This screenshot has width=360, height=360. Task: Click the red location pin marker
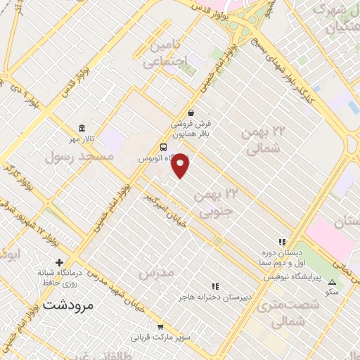coord(181,165)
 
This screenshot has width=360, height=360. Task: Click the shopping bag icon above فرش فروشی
coord(191,112)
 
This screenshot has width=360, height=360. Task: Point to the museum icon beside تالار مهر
coord(84,128)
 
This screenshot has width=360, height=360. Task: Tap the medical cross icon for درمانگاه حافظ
coord(68,262)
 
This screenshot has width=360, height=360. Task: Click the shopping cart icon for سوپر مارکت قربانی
coord(161,326)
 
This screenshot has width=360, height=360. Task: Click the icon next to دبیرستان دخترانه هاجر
coord(215,286)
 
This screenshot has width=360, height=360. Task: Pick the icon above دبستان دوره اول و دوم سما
coord(282,242)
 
